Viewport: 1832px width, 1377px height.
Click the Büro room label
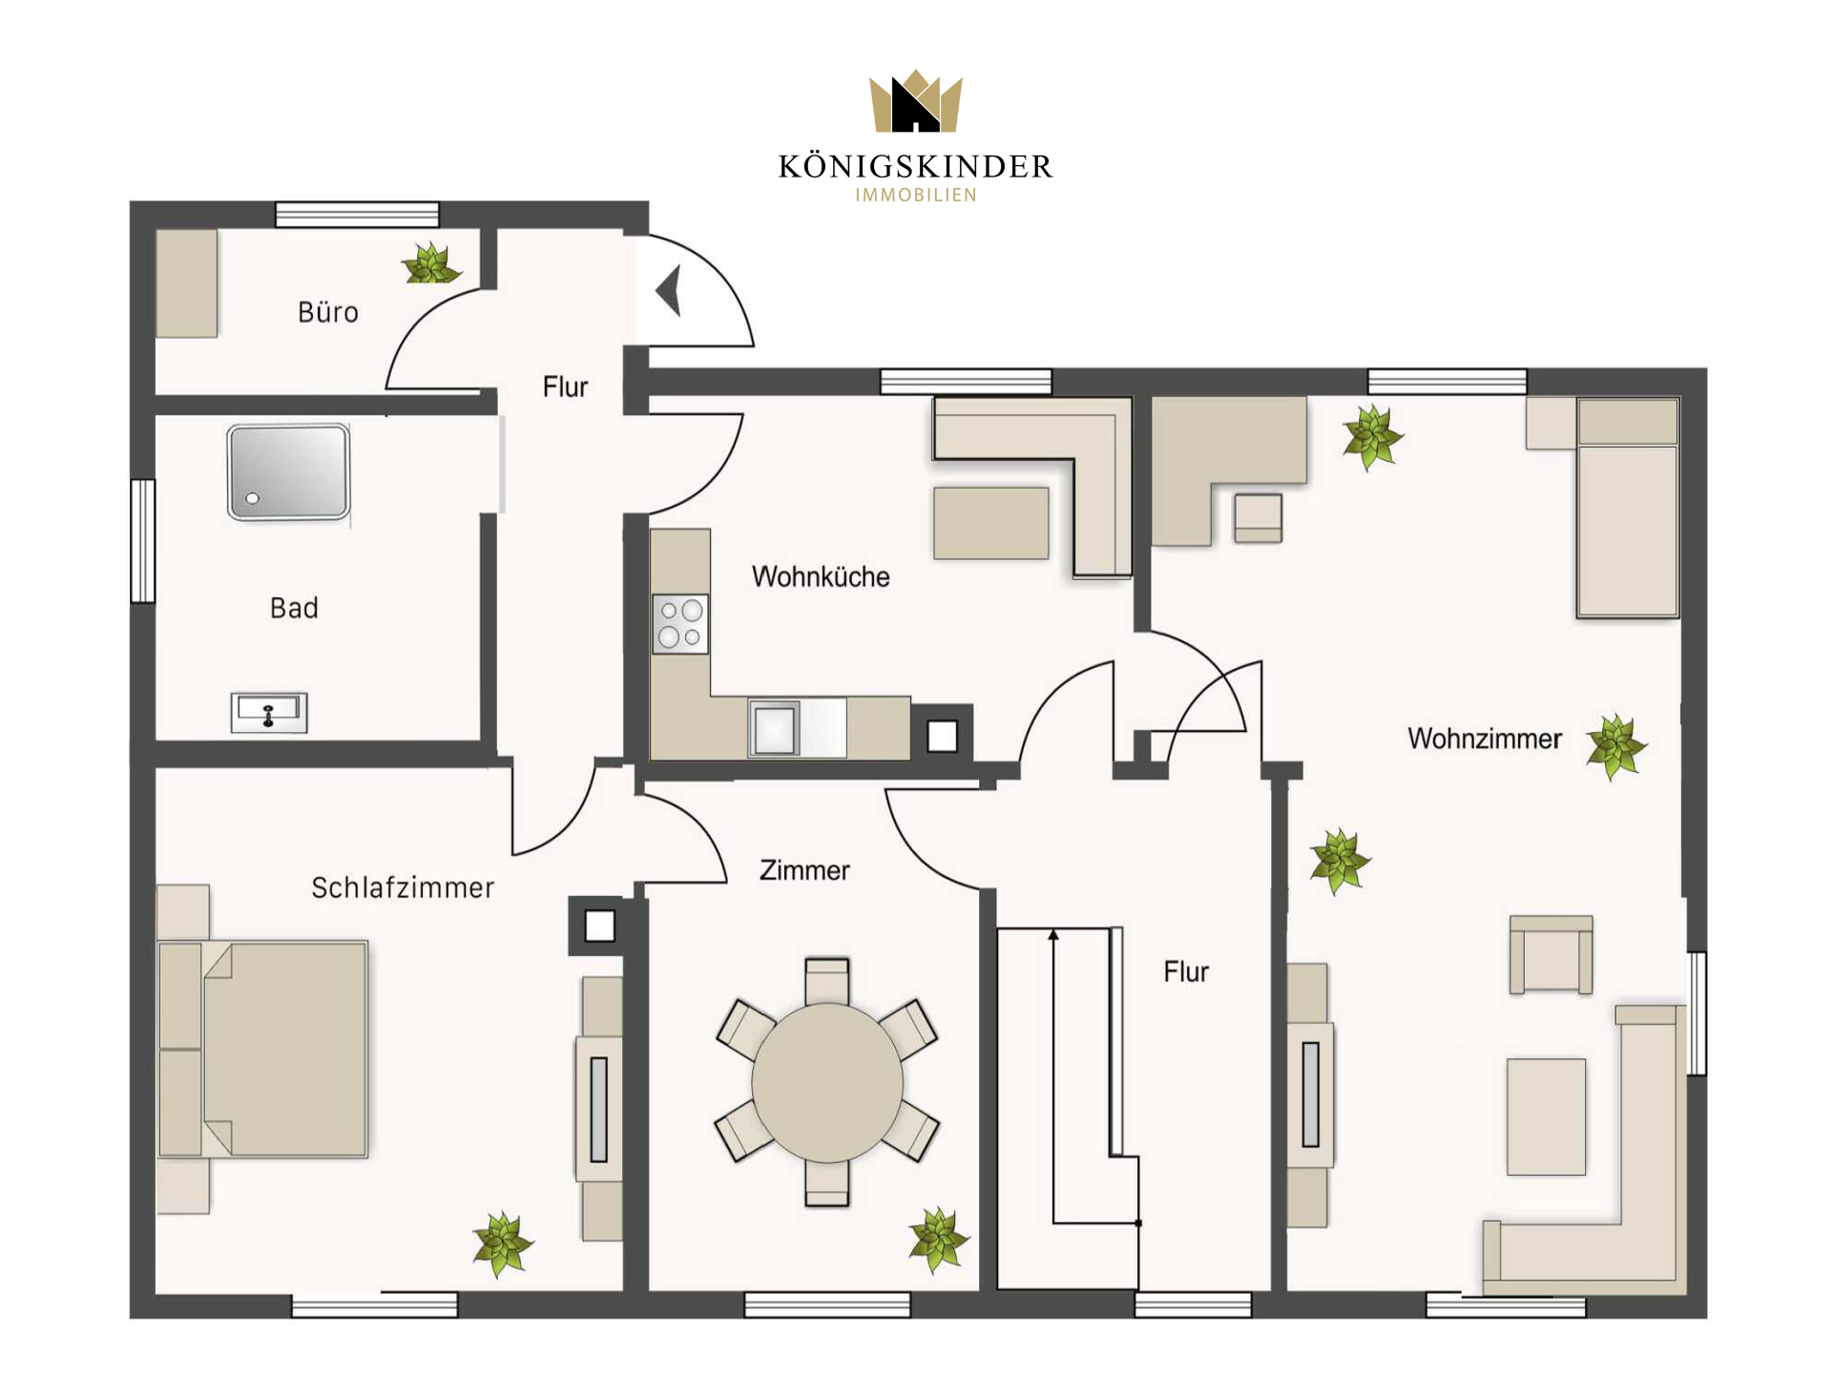tap(328, 312)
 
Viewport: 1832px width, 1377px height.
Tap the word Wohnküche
tap(821, 576)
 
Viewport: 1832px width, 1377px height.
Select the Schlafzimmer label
tap(403, 887)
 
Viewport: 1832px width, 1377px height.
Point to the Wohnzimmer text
tap(1485, 739)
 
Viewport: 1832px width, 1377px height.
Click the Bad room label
tap(294, 608)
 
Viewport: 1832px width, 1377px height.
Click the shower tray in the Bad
tap(289, 472)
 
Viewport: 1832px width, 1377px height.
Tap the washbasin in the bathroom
tap(269, 712)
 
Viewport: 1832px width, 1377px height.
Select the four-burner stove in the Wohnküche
tap(680, 623)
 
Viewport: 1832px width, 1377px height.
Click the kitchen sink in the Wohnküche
tap(775, 729)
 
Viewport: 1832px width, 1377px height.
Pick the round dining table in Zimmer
tap(827, 1082)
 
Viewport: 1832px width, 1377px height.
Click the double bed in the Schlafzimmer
tap(262, 1049)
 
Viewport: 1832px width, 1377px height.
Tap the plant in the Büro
tap(430, 263)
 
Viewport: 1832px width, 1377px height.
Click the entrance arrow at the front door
tap(669, 290)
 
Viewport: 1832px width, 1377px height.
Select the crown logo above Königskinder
tap(916, 101)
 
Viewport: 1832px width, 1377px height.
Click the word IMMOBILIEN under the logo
tap(916, 196)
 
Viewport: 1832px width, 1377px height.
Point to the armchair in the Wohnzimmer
tap(1551, 955)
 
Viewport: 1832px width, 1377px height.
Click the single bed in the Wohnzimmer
tap(1628, 508)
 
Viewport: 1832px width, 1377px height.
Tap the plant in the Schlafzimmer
tap(503, 1244)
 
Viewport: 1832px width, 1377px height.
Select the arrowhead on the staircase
tap(1053, 935)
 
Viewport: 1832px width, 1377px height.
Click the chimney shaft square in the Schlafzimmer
tap(600, 926)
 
